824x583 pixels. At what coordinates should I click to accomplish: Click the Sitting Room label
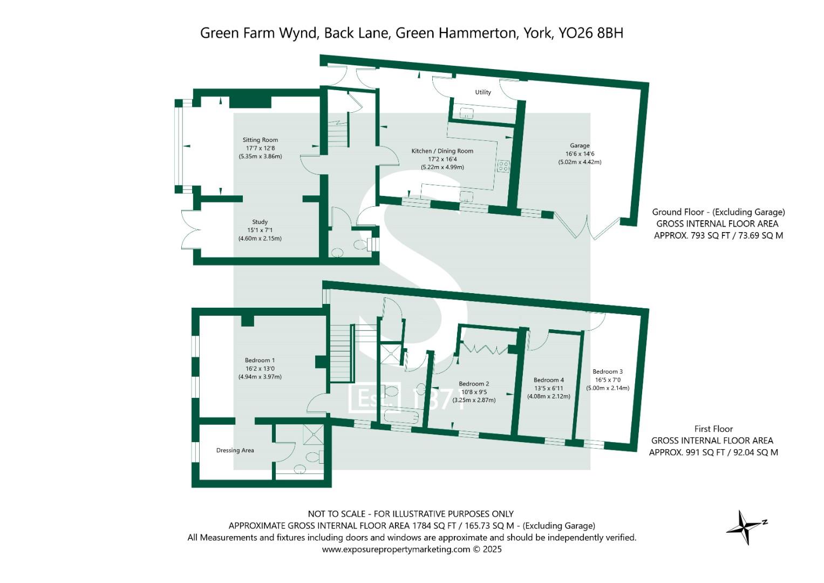click(260, 140)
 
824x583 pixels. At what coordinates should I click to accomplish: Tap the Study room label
click(260, 222)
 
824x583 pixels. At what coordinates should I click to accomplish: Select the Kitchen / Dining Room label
click(442, 151)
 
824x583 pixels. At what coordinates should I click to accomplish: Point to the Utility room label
click(483, 92)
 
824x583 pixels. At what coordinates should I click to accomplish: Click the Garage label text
click(580, 145)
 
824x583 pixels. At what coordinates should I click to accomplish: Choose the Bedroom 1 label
click(260, 361)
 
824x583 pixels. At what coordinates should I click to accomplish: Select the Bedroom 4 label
click(548, 380)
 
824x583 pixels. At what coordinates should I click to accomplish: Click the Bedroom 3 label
click(608, 371)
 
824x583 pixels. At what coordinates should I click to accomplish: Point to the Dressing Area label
click(235, 450)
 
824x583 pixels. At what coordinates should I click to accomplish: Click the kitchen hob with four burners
click(503, 166)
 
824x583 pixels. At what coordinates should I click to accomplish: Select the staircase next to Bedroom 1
click(341, 354)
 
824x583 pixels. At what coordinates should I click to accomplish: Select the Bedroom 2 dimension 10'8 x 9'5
click(474, 392)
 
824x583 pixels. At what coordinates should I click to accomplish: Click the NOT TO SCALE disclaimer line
click(410, 514)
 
